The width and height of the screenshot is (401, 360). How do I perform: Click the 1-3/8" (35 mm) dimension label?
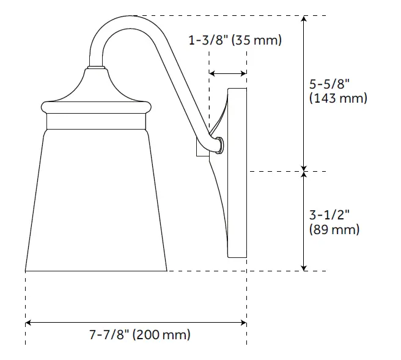(234, 41)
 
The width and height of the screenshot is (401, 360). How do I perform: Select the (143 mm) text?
(338, 98)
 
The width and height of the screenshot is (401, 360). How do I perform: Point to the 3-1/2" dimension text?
(329, 216)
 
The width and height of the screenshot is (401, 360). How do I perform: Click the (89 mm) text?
(334, 230)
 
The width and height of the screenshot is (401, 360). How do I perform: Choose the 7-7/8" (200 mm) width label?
(139, 335)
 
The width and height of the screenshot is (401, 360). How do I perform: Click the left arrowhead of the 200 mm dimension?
(28, 321)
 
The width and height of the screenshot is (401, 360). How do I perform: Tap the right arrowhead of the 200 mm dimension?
(243, 321)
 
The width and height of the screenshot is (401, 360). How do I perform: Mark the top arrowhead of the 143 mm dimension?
(304, 20)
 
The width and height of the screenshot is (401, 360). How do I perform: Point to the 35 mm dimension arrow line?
(228, 73)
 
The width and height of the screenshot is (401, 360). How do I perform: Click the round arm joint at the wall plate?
(218, 145)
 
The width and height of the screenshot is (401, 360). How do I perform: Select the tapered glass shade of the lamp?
(97, 202)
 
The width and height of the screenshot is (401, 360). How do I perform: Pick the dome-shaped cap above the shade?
(96, 89)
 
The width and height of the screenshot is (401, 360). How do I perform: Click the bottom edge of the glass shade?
(96, 270)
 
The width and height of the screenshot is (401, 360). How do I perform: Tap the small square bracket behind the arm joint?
(200, 147)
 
